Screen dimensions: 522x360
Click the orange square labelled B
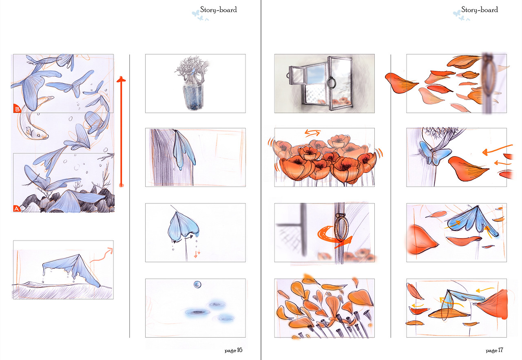pos(17,108)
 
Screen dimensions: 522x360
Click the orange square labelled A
pos(17,208)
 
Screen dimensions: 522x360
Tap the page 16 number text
pos(233,350)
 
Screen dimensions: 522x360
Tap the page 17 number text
pos(494,350)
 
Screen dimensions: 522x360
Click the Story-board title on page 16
pos(218,10)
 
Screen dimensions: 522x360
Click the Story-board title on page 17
pos(480,10)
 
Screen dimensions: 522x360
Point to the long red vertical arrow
pos(121,132)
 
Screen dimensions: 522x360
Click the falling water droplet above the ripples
pos(197,285)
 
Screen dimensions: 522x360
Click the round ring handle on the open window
pos(332,83)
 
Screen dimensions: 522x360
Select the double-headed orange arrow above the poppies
pos(313,133)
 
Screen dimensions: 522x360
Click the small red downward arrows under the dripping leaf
pos(197,254)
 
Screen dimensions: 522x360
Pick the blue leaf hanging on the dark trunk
pos(183,149)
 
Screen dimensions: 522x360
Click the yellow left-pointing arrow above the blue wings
pos(485,289)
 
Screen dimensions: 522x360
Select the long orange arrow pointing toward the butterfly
pos(497,149)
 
